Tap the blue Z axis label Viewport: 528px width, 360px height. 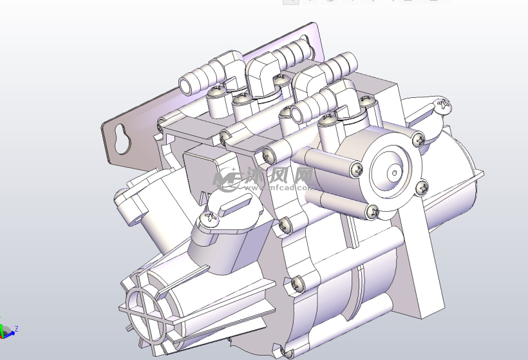[x=16, y=328]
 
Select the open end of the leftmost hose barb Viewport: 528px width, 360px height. [x=185, y=85]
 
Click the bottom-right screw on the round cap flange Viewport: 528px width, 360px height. [x=421, y=187]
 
